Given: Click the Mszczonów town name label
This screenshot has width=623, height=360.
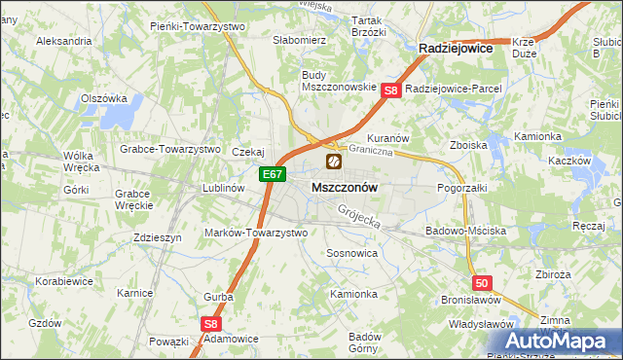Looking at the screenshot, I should pyautogui.click(x=345, y=186).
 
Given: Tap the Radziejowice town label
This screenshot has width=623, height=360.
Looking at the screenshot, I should pyautogui.click(x=455, y=47).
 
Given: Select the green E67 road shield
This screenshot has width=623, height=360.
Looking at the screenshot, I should pyautogui.click(x=273, y=175).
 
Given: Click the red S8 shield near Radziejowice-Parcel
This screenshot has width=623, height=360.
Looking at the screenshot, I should pyautogui.click(x=390, y=90).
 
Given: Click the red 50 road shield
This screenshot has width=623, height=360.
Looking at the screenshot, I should pyautogui.click(x=484, y=282).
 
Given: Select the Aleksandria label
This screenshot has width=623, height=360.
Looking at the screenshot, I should pyautogui.click(x=63, y=42).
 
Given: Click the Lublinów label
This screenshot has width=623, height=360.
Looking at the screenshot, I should pyautogui.click(x=222, y=188).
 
